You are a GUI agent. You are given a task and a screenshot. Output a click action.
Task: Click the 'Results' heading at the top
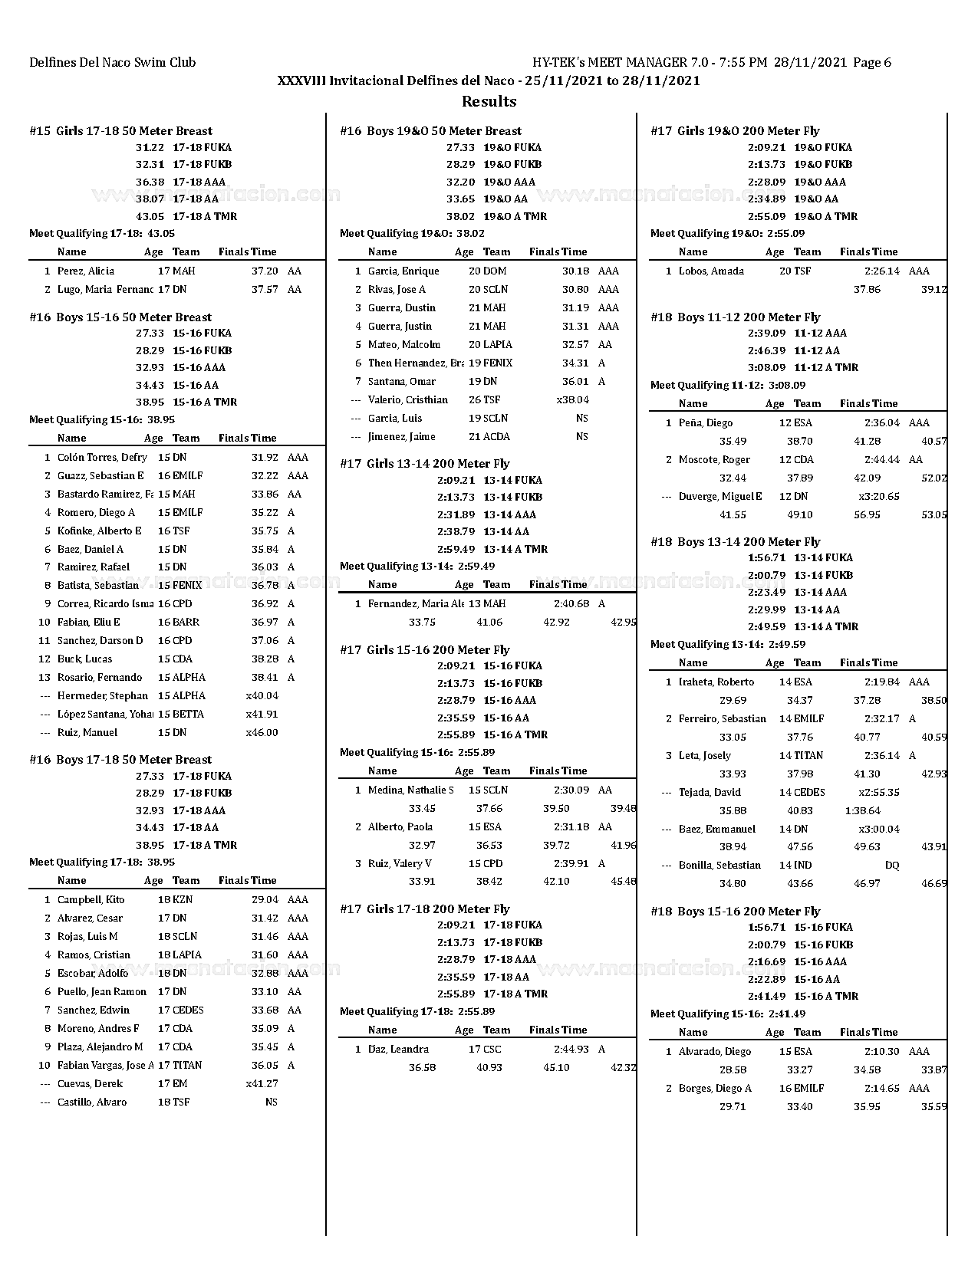click(x=489, y=101)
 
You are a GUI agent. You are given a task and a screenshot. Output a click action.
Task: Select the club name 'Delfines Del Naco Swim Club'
click(x=113, y=63)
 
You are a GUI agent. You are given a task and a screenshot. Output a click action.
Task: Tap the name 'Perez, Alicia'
click(x=86, y=271)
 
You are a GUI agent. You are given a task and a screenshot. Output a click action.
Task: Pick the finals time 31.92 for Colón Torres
click(x=265, y=457)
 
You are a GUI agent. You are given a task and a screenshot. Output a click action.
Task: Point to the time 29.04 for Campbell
click(x=265, y=899)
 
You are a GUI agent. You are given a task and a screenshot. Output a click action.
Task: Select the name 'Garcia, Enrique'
click(x=403, y=271)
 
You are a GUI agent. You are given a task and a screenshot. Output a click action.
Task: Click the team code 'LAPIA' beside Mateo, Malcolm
click(x=498, y=344)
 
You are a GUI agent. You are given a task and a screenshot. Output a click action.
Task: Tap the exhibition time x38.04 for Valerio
click(x=573, y=399)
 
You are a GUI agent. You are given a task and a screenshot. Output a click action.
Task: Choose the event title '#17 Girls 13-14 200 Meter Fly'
click(x=425, y=463)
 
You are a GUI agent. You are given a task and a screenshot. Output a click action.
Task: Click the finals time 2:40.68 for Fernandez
click(x=571, y=603)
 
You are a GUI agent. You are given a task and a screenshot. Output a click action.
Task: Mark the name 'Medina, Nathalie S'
click(x=411, y=790)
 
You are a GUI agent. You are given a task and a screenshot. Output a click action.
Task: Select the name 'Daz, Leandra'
click(x=398, y=1049)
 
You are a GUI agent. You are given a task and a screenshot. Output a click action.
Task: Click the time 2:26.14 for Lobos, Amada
click(x=882, y=271)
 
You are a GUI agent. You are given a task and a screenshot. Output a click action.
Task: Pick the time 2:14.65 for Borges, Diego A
click(x=882, y=1088)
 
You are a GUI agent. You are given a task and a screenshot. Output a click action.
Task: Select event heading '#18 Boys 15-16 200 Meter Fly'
click(x=736, y=911)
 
